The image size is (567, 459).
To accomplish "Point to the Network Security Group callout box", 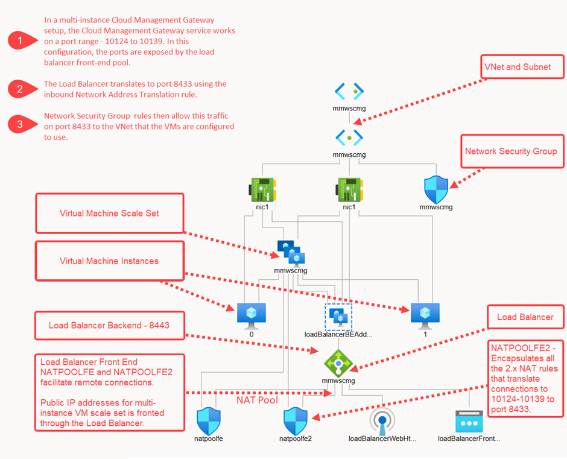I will [511, 152].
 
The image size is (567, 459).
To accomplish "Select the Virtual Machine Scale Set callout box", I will [109, 213].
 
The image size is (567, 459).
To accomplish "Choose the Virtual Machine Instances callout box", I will [109, 261].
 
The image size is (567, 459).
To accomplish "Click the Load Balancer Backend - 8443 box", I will [109, 325].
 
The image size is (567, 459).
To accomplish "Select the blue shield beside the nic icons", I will [436, 189].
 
